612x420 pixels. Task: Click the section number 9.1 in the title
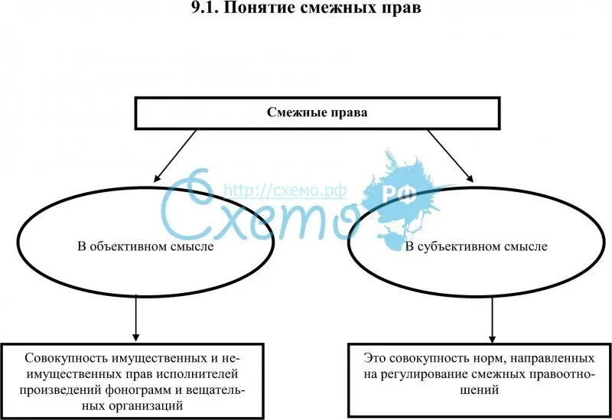click(201, 9)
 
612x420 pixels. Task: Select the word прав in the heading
click(403, 9)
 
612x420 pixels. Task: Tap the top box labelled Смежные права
click(317, 112)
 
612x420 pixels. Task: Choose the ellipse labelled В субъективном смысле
click(475, 247)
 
